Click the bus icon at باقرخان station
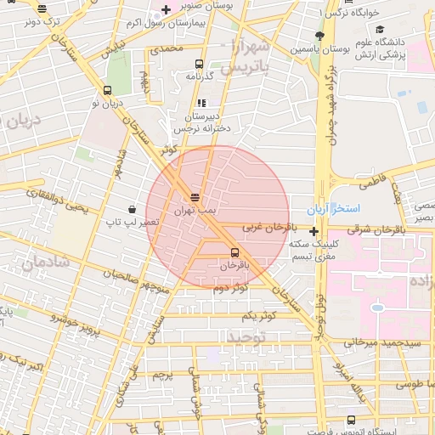[x=234, y=251]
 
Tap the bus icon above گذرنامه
[x=199, y=64]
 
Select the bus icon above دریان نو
[x=107, y=91]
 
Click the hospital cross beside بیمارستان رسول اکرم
[x=166, y=9]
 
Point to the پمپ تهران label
[x=195, y=208]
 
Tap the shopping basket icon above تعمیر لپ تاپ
[x=132, y=209]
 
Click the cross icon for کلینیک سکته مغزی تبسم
[x=314, y=231]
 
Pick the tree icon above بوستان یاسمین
[x=319, y=36]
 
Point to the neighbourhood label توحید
[x=246, y=337]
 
